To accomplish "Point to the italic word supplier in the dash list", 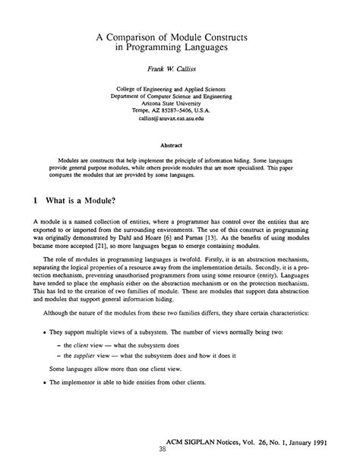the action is point(96,376).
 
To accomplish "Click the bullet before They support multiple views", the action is point(36,353).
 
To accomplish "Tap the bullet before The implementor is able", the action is point(36,404).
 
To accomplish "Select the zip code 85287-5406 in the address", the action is point(192,109).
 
